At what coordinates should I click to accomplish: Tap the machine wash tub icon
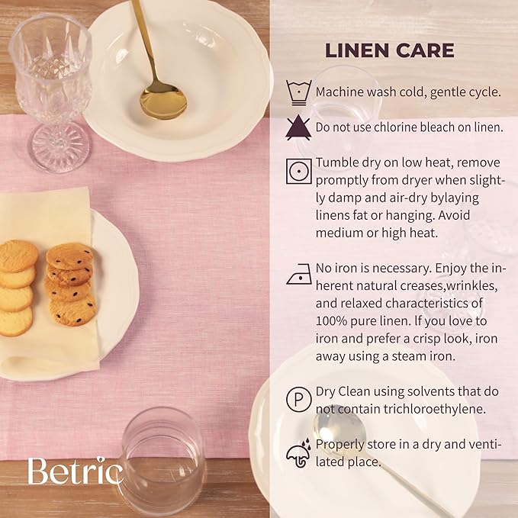298,92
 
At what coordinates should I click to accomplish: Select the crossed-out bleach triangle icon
298,127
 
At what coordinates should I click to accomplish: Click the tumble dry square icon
298,172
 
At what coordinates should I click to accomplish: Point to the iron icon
299,274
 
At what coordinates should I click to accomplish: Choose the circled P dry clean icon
298,400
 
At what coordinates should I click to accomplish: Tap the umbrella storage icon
298,453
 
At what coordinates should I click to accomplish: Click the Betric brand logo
76,471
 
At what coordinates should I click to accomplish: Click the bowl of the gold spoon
163,101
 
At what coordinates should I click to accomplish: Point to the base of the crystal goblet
60,147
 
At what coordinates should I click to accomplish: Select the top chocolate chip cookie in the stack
69,256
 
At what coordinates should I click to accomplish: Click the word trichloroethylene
435,410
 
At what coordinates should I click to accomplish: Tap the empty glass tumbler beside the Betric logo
161,462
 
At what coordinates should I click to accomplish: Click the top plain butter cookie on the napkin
18,256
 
